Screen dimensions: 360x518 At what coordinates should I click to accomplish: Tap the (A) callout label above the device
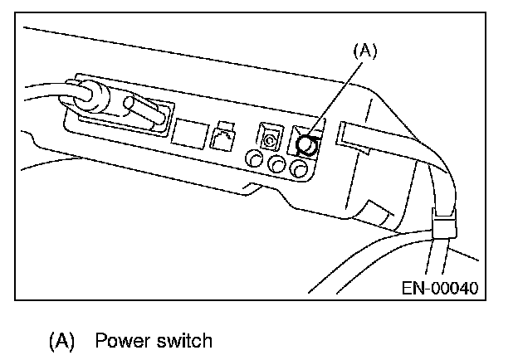(364, 51)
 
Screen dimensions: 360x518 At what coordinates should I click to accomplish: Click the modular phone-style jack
(223, 135)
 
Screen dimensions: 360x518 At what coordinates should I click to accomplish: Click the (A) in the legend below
(63, 340)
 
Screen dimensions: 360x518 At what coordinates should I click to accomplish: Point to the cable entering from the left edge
(37, 92)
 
